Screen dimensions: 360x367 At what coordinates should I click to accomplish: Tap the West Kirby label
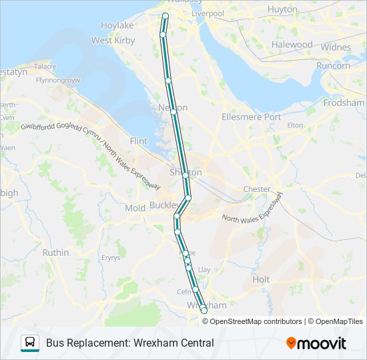[x=111, y=40]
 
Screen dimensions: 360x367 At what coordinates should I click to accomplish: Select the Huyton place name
[x=283, y=9]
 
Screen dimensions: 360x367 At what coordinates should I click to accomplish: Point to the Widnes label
[x=336, y=47]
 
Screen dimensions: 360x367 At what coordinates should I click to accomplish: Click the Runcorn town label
[x=333, y=65]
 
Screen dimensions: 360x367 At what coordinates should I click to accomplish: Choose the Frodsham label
[x=343, y=103]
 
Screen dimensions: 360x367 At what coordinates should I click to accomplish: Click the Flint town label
[x=138, y=141]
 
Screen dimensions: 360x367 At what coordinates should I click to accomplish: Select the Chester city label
[x=257, y=189]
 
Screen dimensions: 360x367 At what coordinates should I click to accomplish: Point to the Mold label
[x=135, y=209]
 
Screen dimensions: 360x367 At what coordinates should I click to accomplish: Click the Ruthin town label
[x=55, y=253]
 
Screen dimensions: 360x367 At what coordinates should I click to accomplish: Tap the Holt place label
[x=262, y=280]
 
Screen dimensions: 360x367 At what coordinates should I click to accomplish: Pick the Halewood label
[x=292, y=45]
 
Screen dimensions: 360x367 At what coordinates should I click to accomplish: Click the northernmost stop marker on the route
[x=165, y=15]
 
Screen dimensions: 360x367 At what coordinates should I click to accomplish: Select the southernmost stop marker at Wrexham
[x=204, y=311]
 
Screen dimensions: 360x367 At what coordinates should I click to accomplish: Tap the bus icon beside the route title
[x=30, y=343]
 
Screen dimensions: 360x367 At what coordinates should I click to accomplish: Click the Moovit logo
[x=316, y=343]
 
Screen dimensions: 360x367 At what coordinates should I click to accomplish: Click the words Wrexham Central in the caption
[x=177, y=343]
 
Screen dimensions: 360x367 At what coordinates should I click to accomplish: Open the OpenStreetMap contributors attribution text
[x=255, y=321]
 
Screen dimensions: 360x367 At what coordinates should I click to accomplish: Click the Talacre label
[x=45, y=67]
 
